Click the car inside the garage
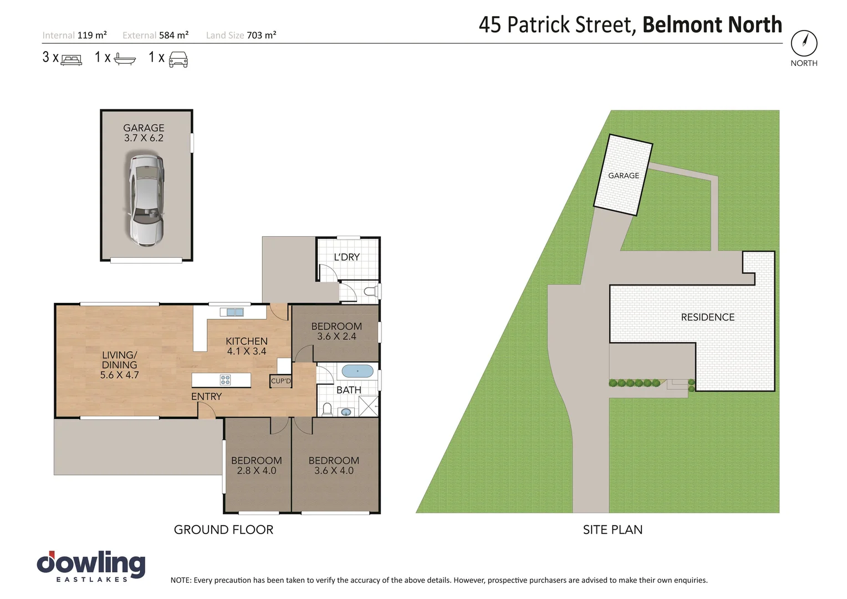(146, 200)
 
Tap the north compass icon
(804, 43)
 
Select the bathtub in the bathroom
(358, 371)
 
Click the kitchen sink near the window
(232, 312)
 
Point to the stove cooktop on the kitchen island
(225, 380)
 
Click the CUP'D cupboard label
(280, 381)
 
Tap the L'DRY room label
(346, 257)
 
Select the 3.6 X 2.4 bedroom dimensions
(336, 337)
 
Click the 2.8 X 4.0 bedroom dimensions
(256, 471)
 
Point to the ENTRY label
(206, 397)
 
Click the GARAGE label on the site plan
(624, 176)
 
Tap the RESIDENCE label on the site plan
(707, 317)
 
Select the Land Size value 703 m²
(261, 35)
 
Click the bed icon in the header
(71, 59)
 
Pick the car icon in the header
(178, 59)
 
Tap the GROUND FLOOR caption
(223, 530)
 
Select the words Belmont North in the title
(712, 25)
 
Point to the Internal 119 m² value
(92, 35)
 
